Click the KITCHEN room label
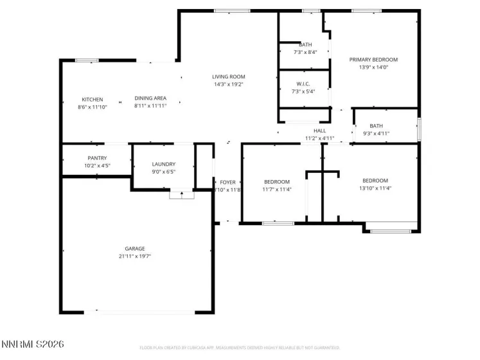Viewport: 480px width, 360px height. [x=92, y=100]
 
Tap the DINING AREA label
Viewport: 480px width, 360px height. [x=150, y=98]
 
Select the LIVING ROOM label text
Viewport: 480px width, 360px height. [x=229, y=76]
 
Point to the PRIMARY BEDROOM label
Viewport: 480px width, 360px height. [x=373, y=59]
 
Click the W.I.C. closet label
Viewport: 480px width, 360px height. [x=304, y=84]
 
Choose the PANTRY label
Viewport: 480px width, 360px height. [x=97, y=158]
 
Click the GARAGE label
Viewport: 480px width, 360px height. [x=135, y=249]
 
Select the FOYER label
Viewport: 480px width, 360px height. [x=227, y=183]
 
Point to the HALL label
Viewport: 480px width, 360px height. [x=319, y=130]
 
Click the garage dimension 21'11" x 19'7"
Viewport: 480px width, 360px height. [x=135, y=256]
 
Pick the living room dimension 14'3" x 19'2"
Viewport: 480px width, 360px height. [x=229, y=84]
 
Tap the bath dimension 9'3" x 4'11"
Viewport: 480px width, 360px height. [x=376, y=134]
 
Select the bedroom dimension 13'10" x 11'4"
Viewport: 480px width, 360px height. [x=375, y=188]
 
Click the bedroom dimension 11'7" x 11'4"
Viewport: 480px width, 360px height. [x=277, y=190]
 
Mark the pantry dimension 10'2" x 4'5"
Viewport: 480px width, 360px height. [x=97, y=165]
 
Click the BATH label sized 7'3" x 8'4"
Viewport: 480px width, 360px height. [x=305, y=45]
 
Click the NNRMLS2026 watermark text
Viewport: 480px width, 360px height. [x=33, y=345]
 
